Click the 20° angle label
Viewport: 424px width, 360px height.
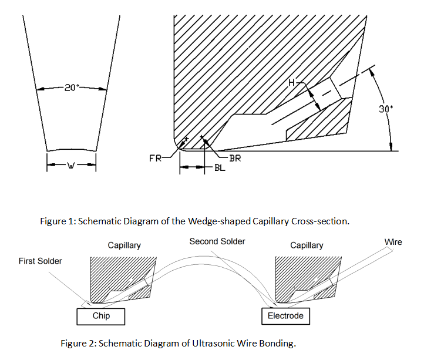71,88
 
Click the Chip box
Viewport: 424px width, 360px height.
101,316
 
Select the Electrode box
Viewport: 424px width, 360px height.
285,316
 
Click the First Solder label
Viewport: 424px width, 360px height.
41,261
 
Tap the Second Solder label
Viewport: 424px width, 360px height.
217,241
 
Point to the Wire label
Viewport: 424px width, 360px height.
393,242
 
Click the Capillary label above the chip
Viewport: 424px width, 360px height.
124,245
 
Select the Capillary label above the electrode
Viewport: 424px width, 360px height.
307,245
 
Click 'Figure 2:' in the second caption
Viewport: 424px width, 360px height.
79,343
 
